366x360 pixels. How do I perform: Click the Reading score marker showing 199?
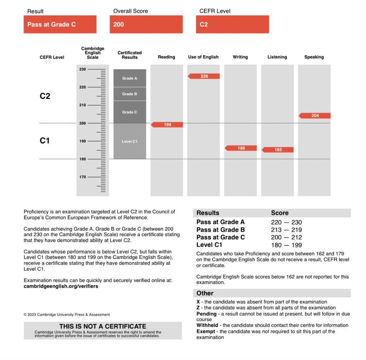coord(167,125)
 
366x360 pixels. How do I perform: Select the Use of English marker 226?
coord(204,76)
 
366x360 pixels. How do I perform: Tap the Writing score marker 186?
coord(241,148)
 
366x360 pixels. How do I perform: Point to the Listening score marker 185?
coord(278,150)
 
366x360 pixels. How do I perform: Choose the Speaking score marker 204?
coord(315,116)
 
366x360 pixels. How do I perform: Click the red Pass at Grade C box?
coord(60,25)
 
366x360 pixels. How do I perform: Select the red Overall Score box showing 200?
coord(146,25)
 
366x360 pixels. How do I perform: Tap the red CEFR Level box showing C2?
coord(232,25)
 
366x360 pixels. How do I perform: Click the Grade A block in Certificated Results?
coord(130,78)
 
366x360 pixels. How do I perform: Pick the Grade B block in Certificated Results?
coord(130,94)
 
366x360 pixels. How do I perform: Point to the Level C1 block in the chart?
coord(130,142)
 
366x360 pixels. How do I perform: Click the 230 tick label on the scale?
coord(83,69)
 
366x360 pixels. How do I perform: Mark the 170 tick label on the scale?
coord(83,177)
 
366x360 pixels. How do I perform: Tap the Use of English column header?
coord(203,57)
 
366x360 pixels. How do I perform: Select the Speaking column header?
coord(314,57)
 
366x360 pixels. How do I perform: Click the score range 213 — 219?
coord(286,230)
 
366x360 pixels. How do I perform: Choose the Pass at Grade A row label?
coord(221,222)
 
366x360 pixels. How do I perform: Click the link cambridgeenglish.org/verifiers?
coord(61,286)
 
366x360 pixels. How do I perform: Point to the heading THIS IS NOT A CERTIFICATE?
coord(103,326)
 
